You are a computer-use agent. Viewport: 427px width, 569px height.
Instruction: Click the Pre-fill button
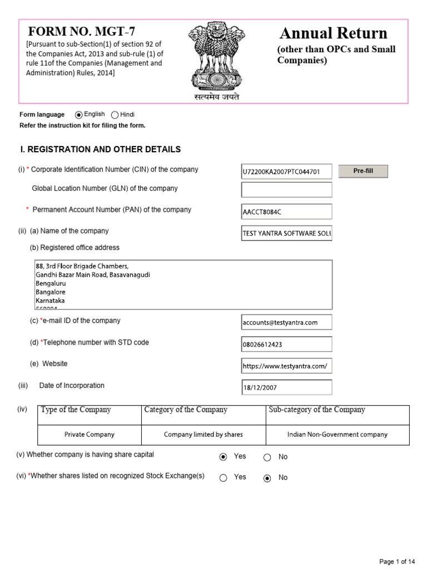363,171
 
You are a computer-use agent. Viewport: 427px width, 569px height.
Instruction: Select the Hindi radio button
115,115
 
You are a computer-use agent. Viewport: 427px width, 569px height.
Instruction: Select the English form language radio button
79,115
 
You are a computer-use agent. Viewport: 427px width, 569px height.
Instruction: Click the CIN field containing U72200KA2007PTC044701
286,172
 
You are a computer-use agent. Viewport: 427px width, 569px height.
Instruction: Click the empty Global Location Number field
286,190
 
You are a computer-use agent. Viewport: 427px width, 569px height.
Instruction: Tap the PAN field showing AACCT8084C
286,212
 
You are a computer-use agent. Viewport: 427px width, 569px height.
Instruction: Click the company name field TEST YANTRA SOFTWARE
286,233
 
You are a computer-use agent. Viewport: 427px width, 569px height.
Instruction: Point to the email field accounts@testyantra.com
286,322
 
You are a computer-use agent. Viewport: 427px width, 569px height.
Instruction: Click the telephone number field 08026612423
286,344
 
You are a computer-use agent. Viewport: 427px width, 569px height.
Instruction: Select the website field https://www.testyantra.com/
286,366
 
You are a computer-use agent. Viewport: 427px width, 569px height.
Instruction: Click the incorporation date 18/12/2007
286,387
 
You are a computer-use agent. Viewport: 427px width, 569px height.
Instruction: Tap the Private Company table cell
90,435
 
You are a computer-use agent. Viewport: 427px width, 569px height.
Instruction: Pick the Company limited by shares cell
203,435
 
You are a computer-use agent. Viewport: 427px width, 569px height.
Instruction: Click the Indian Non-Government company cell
337,435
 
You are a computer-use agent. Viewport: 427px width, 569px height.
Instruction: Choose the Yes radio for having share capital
224,457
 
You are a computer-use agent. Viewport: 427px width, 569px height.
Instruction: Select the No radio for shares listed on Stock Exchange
267,478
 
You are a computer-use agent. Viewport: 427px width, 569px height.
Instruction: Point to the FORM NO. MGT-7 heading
82,32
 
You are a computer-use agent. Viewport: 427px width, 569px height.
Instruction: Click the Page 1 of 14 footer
397,561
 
